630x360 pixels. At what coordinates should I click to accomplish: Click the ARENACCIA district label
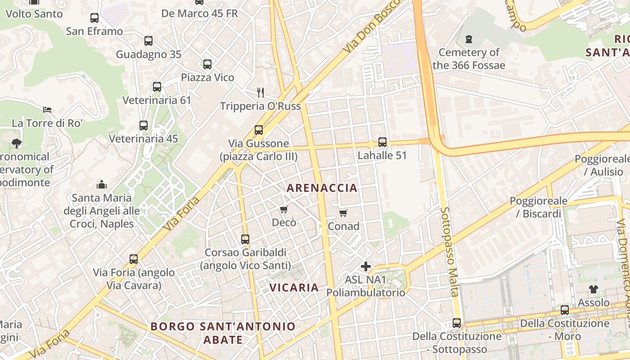tap(322, 188)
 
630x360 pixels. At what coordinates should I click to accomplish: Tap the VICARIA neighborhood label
tap(294, 287)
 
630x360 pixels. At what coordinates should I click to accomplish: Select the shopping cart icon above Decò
tap(283, 209)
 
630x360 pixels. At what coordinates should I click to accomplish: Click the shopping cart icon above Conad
tap(343, 213)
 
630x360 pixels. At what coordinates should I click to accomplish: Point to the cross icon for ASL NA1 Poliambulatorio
tap(366, 266)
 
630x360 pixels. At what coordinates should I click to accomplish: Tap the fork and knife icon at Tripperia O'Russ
tap(261, 93)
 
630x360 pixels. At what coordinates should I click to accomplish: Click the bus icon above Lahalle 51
tap(382, 142)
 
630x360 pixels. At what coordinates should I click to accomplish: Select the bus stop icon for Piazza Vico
tap(207, 64)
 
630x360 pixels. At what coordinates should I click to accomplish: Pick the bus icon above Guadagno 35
tap(148, 41)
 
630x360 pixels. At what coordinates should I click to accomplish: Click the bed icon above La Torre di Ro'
tap(47, 110)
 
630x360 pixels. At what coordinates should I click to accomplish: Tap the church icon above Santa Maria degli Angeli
tap(102, 184)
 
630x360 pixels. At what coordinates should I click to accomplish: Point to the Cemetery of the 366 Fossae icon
tap(469, 39)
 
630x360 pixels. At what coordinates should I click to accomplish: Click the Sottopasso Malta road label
tap(450, 252)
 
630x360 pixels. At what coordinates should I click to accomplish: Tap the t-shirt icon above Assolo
tap(594, 289)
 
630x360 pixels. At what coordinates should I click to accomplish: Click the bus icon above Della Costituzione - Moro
tap(564, 310)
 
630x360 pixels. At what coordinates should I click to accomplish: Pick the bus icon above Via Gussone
tap(259, 130)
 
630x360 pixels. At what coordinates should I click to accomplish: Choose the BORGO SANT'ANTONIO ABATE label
tap(223, 333)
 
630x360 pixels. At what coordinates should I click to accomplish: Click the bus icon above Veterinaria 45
tap(144, 126)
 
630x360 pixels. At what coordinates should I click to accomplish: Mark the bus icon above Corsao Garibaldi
tap(245, 239)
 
